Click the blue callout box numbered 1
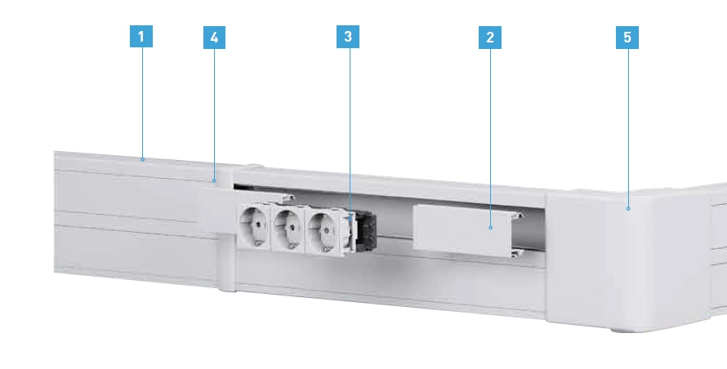pyautogui.click(x=141, y=36)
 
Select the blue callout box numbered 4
pyautogui.click(x=214, y=38)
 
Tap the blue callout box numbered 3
pyautogui.click(x=348, y=37)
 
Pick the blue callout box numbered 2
pyautogui.click(x=490, y=38)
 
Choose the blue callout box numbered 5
pyautogui.click(x=627, y=38)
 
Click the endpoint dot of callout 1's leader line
pyautogui.click(x=142, y=159)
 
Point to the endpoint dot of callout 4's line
pyautogui.click(x=214, y=180)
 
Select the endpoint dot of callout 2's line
pyautogui.click(x=491, y=227)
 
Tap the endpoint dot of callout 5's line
pyautogui.click(x=628, y=209)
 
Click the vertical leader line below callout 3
pyautogui.click(x=349, y=132)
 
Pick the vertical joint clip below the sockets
pyautogui.click(x=227, y=262)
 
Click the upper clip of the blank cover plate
pyautogui.click(x=519, y=214)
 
